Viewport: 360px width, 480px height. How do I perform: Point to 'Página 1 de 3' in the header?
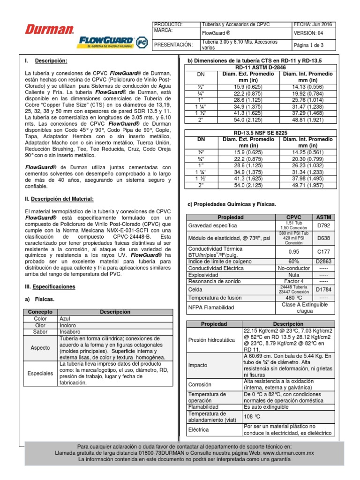tap(308, 45)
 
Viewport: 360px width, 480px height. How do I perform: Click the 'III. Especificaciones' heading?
tap(50, 286)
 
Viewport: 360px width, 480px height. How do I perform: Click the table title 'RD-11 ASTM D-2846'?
tap(261, 67)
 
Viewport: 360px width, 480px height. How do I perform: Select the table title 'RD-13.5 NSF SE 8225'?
tap(261, 133)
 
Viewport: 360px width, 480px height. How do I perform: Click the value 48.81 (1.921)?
tap(307, 120)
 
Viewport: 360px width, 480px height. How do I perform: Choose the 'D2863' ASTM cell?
tap(323, 261)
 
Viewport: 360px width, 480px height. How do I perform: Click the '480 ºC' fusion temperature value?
tap(293, 297)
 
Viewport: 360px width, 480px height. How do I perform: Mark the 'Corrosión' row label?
tap(200, 384)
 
